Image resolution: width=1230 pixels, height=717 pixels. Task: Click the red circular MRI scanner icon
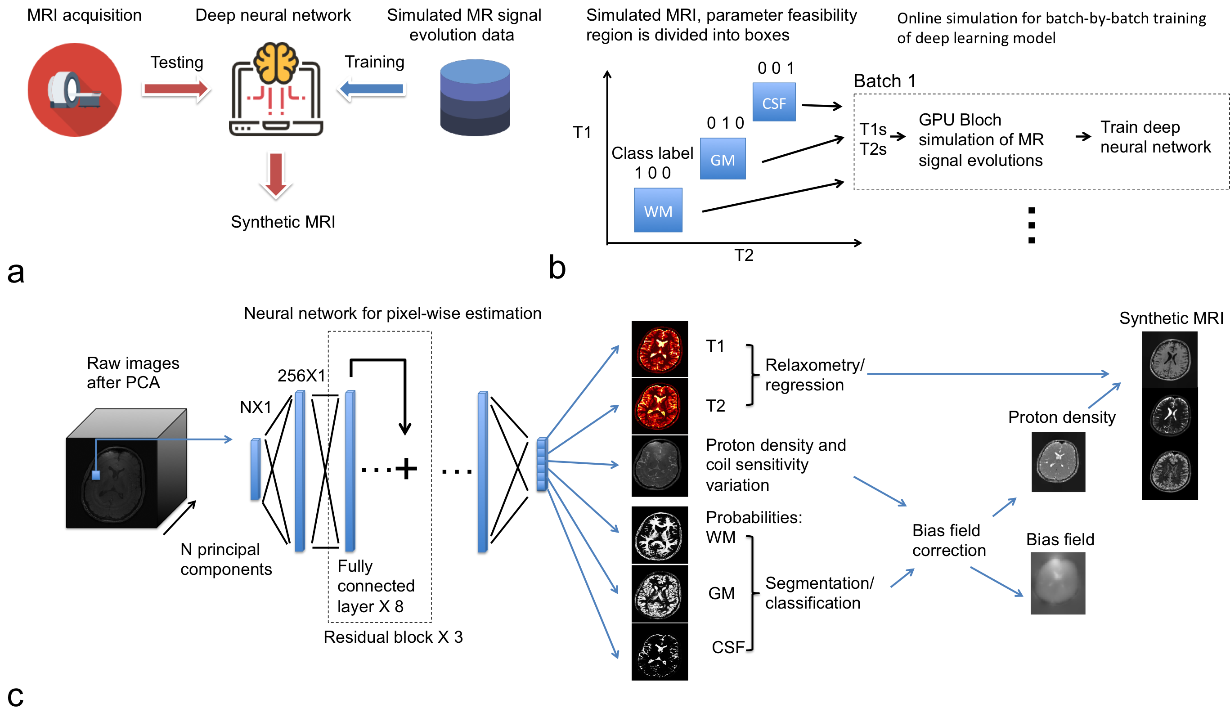74,90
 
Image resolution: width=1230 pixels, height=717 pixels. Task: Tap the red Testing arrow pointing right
176,89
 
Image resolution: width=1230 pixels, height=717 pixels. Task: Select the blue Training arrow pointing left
373,89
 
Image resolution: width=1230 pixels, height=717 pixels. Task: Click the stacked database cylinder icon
475,97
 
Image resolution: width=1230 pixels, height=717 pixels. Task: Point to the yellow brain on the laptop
276,62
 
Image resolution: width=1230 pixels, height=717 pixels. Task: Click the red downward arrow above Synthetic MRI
276,175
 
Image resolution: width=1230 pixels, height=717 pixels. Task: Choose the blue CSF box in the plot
774,102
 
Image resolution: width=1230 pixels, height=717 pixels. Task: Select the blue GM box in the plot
723,159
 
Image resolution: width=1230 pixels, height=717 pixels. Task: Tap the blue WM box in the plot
658,210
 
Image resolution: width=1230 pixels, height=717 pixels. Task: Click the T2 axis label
744,255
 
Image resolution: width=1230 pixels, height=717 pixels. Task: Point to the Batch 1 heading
884,81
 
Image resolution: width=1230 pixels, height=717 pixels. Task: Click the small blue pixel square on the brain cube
96,475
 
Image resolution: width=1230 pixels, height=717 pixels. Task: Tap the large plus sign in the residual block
406,469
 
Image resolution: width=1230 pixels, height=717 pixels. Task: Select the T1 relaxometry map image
660,349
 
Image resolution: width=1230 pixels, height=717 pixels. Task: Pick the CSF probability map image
660,652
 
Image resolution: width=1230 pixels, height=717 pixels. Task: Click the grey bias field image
1058,583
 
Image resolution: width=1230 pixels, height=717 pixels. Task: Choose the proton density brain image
1058,462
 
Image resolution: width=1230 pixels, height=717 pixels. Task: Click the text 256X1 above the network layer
301,375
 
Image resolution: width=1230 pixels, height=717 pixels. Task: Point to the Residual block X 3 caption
393,637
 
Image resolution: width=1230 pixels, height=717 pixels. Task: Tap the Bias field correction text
948,540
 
